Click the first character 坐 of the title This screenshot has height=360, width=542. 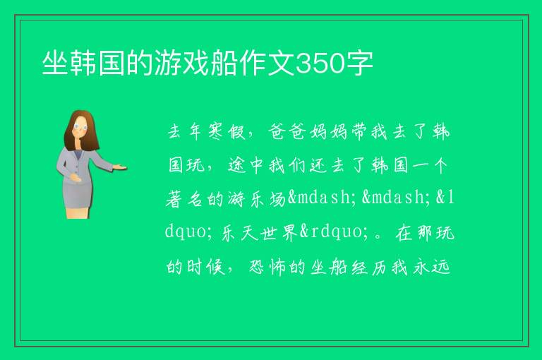(x=55, y=63)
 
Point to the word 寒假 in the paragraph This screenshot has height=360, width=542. (x=227, y=132)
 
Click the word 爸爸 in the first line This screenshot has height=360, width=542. (x=287, y=132)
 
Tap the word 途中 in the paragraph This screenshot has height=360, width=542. (x=246, y=165)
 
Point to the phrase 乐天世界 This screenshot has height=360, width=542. (x=259, y=232)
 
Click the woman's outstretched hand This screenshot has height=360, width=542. (x=120, y=167)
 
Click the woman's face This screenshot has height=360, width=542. (x=81, y=126)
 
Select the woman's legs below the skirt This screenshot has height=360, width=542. (x=78, y=212)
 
